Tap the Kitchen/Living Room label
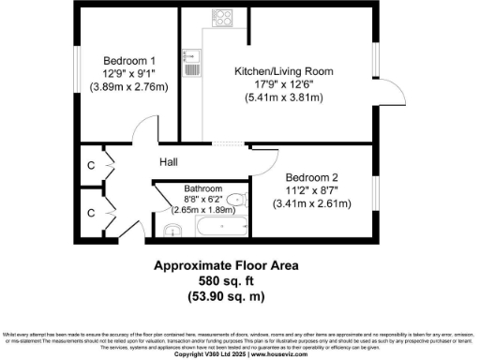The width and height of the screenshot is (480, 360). point(283,70)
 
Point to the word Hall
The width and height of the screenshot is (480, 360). point(169,162)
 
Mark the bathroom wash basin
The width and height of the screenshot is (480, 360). point(171,230)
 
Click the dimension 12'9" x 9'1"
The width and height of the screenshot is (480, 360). point(127,70)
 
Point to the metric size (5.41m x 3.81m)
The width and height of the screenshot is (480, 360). point(283,97)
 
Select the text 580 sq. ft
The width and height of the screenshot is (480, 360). point(225,281)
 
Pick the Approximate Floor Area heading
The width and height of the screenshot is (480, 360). point(225,265)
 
